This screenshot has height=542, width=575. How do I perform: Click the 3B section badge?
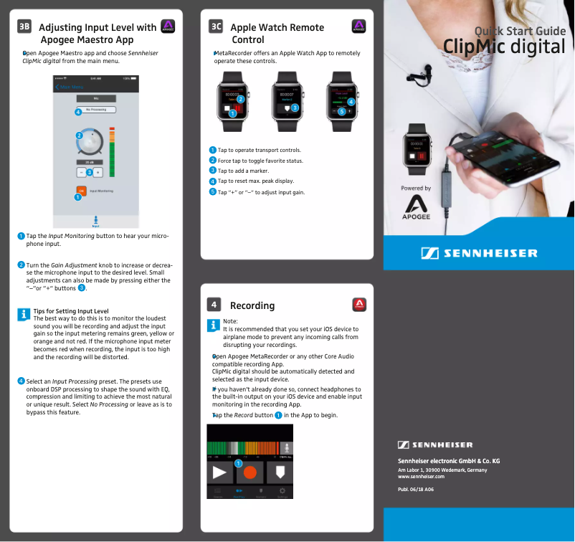point(24,27)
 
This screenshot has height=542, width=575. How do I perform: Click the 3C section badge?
point(215,27)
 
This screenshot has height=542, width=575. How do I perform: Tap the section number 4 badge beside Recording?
point(214,305)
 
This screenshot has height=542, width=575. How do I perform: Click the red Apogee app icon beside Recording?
point(360,305)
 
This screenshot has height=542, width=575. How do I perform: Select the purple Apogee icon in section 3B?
point(168,27)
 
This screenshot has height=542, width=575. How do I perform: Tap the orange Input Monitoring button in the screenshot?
point(82,191)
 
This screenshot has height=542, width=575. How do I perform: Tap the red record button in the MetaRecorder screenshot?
point(250,472)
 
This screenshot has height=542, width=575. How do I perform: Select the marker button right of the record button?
point(280,472)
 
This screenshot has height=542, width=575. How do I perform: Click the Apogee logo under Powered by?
point(416,208)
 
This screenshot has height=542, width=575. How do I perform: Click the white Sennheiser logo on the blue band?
point(478,253)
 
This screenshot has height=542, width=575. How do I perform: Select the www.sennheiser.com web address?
point(421,476)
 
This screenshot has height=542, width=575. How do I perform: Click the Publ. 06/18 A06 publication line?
point(416,490)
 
